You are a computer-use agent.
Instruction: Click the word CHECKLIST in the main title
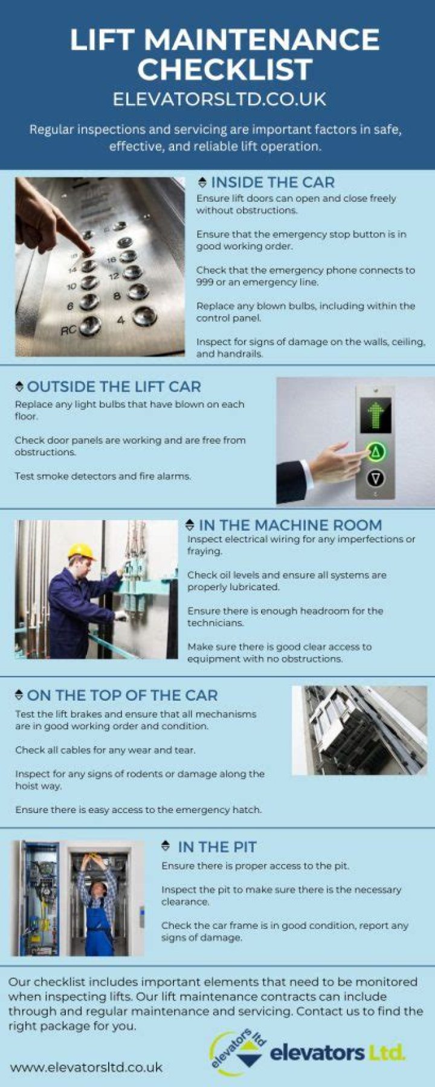[225, 69]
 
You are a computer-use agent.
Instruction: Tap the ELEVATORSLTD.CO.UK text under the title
[219, 99]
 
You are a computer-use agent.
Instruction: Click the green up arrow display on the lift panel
[376, 415]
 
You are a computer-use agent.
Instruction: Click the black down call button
[376, 479]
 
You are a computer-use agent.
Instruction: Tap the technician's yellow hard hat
[82, 551]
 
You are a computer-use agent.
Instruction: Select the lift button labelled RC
[91, 326]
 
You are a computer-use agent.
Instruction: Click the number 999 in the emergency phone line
[205, 282]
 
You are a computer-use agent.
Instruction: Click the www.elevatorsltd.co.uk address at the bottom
[86, 1068]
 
